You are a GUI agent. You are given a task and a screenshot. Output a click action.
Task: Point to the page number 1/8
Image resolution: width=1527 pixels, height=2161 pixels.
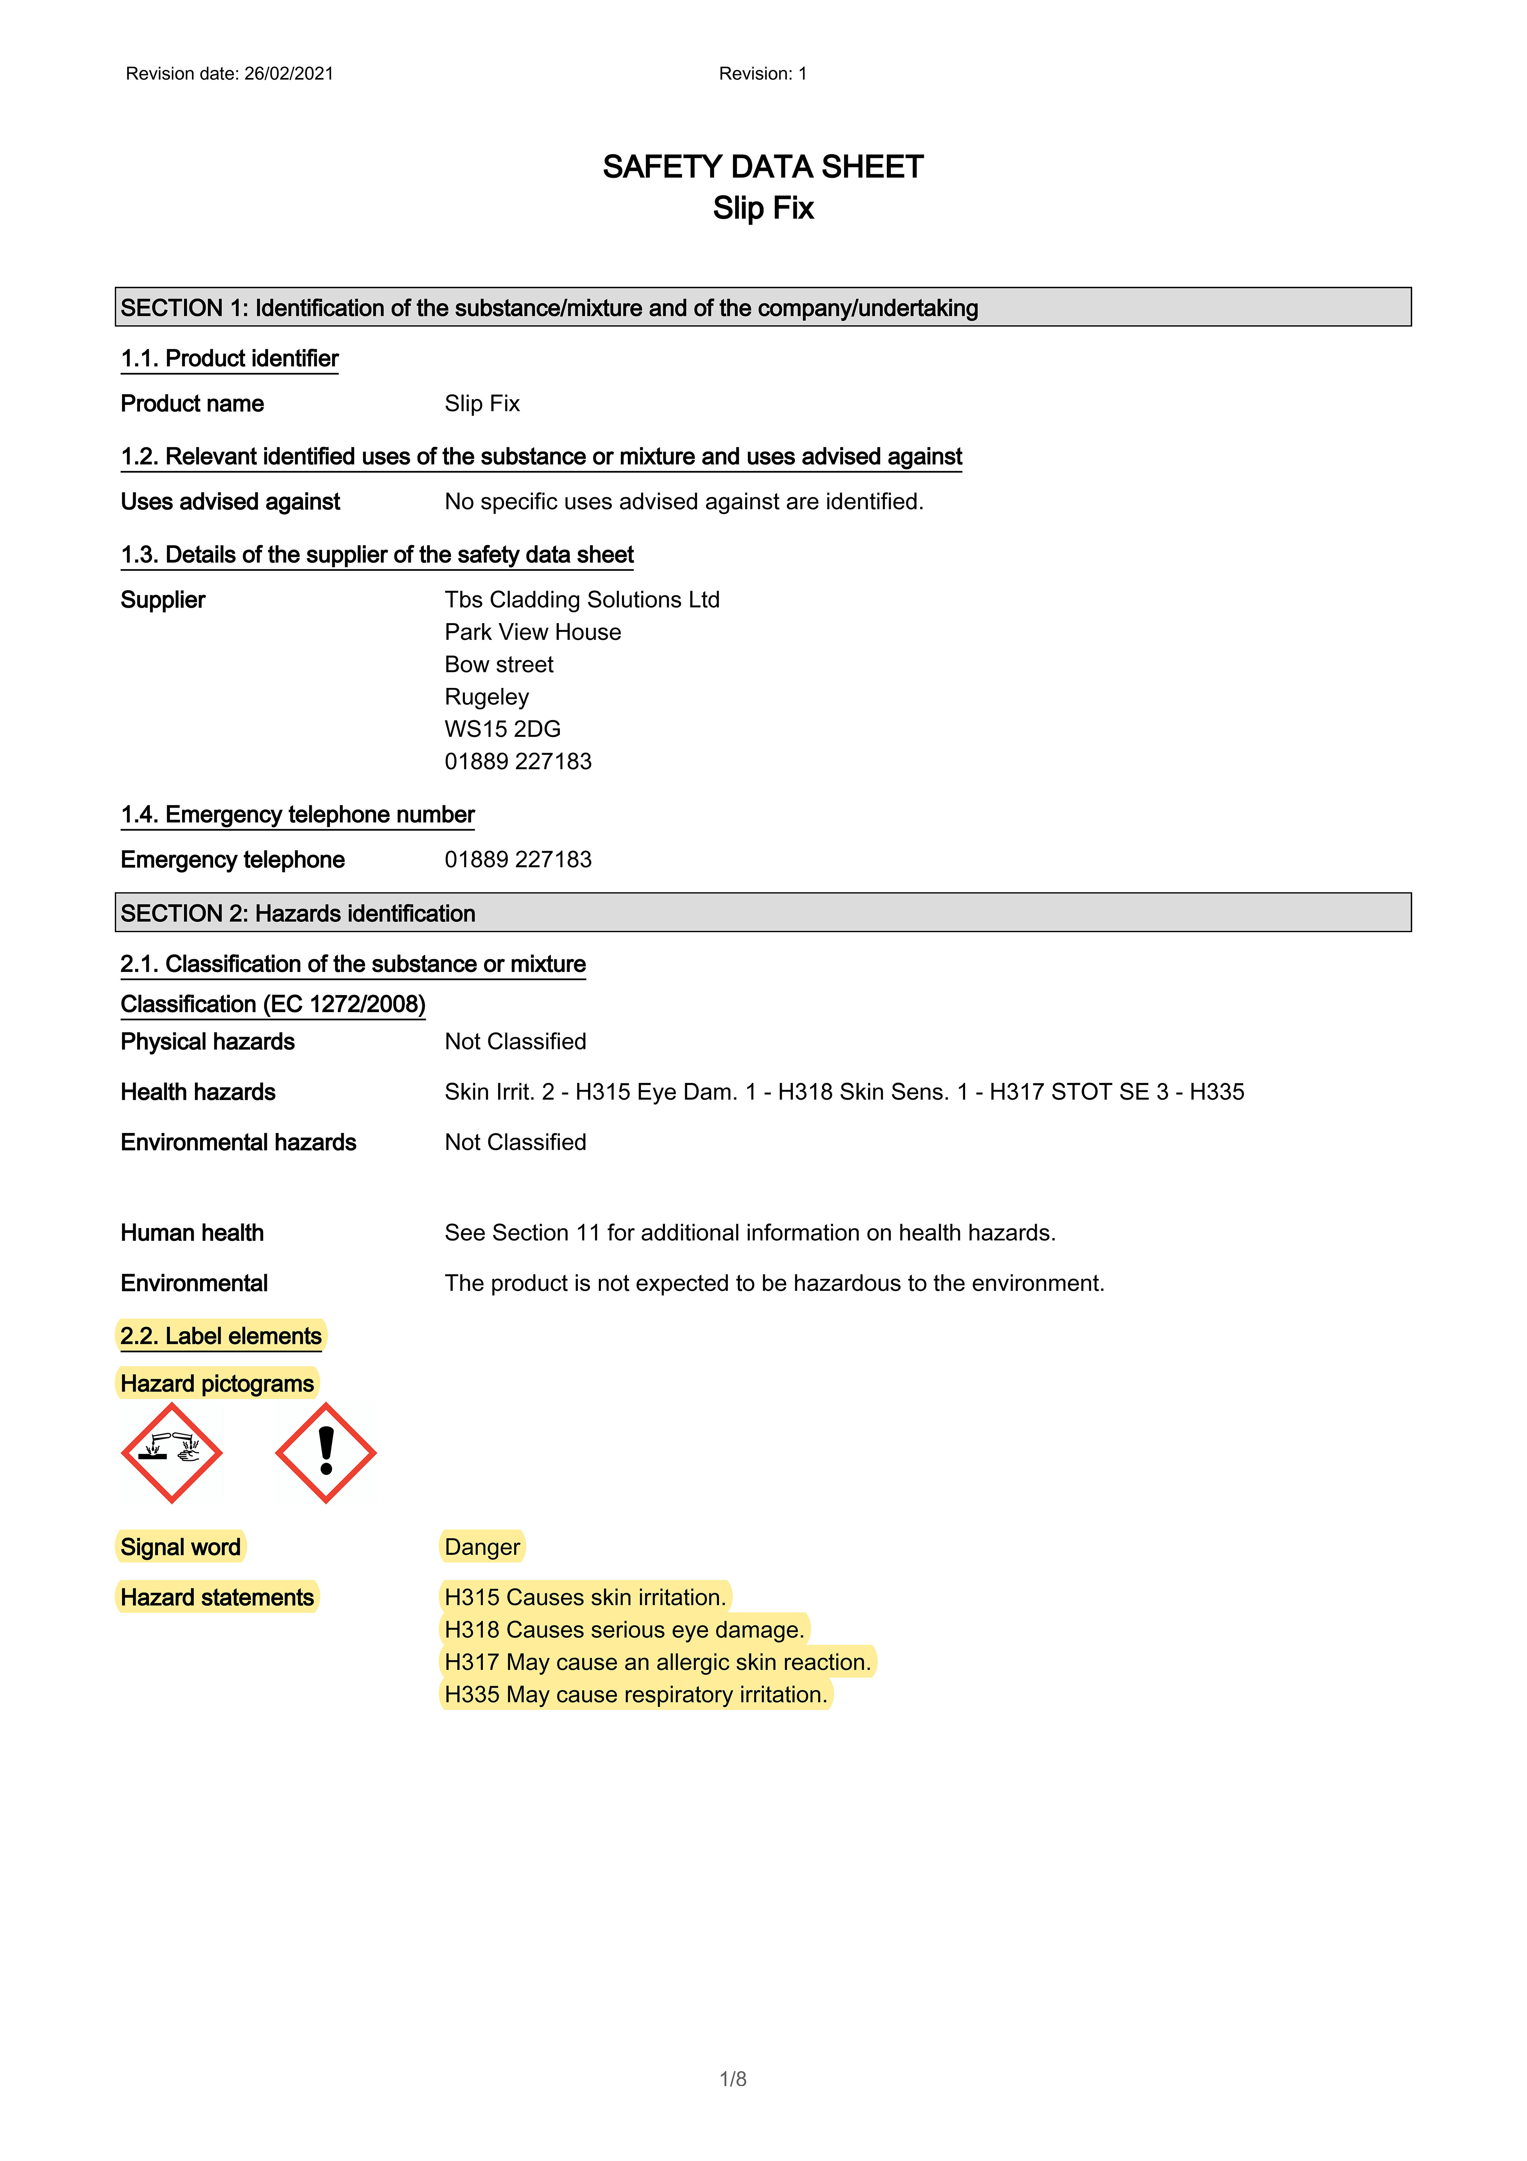point(732,2079)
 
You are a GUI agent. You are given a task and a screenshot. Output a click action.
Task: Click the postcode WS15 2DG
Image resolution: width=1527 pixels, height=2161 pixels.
point(503,729)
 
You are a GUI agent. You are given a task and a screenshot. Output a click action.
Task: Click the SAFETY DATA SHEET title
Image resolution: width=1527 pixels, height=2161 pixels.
point(763,167)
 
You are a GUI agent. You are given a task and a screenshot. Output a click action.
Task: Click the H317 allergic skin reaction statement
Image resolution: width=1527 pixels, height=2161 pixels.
point(657,1662)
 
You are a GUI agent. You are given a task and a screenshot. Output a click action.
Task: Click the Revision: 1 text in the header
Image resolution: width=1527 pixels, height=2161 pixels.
point(763,74)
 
